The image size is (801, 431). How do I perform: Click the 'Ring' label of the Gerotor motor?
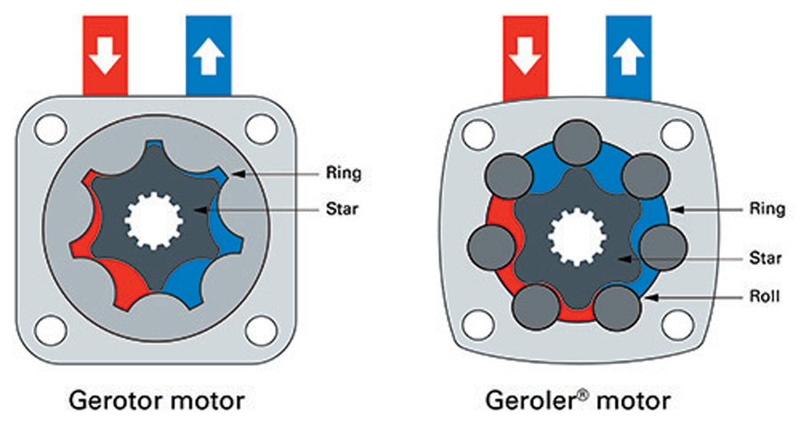tap(344, 172)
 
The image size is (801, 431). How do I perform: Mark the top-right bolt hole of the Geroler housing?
tap(678, 134)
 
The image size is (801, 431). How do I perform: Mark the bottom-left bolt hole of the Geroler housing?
tap(479, 321)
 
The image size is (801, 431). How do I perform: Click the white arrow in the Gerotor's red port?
tap(105, 57)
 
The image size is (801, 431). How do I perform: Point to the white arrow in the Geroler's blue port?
tap(628, 57)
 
